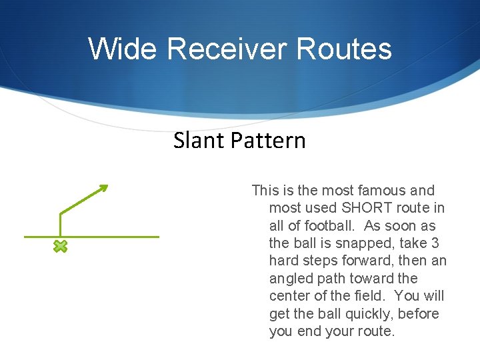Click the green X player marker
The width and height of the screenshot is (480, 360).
coord(60,247)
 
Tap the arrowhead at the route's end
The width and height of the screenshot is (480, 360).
coord(103,188)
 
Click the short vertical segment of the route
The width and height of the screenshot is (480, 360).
coord(60,225)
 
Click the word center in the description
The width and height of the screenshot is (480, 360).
coord(291,296)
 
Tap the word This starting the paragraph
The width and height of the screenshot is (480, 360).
coord(265,191)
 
